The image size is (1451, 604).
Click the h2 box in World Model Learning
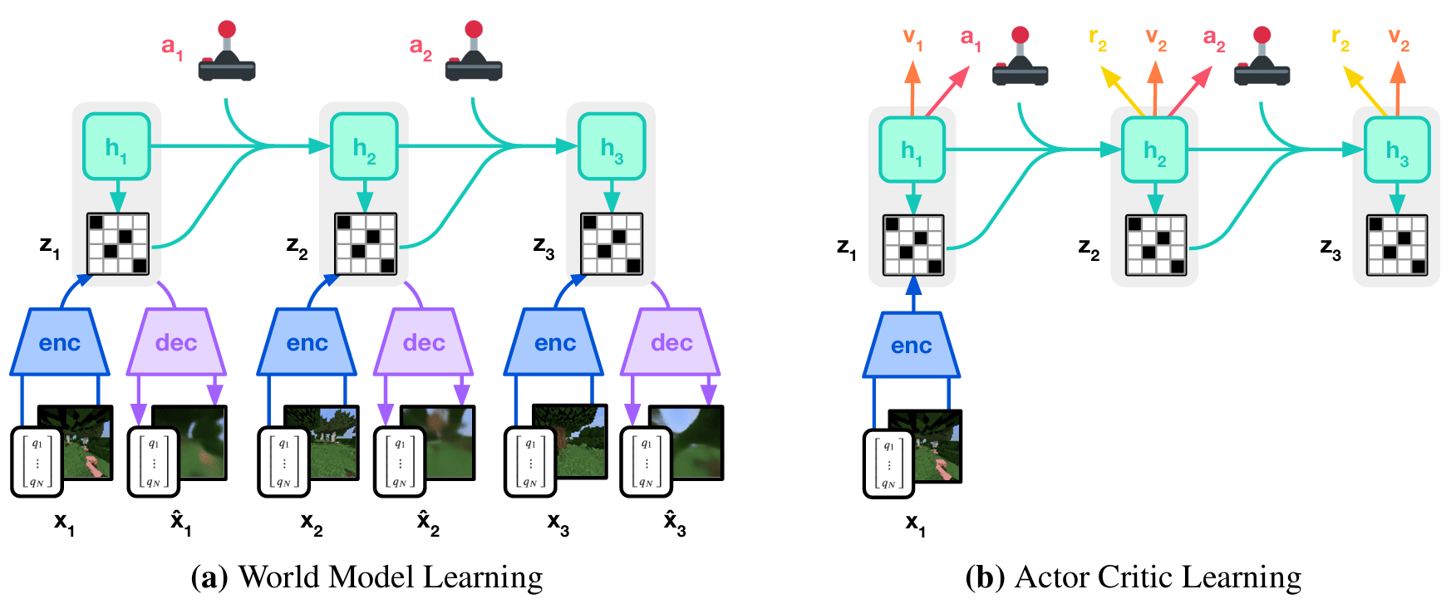(364, 147)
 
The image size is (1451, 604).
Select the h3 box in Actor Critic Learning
(1397, 150)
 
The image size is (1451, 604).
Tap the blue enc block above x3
(554, 342)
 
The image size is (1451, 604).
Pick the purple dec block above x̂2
(424, 342)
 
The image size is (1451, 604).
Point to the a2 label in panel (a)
(421, 48)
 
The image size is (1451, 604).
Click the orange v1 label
(912, 38)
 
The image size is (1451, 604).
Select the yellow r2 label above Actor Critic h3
(1340, 38)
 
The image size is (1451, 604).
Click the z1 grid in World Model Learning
(118, 243)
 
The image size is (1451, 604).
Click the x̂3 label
(675, 524)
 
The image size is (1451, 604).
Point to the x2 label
(312, 524)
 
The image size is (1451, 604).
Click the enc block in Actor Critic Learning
(912, 345)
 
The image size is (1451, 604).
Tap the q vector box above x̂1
(153, 462)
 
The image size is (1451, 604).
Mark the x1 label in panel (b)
(915, 524)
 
